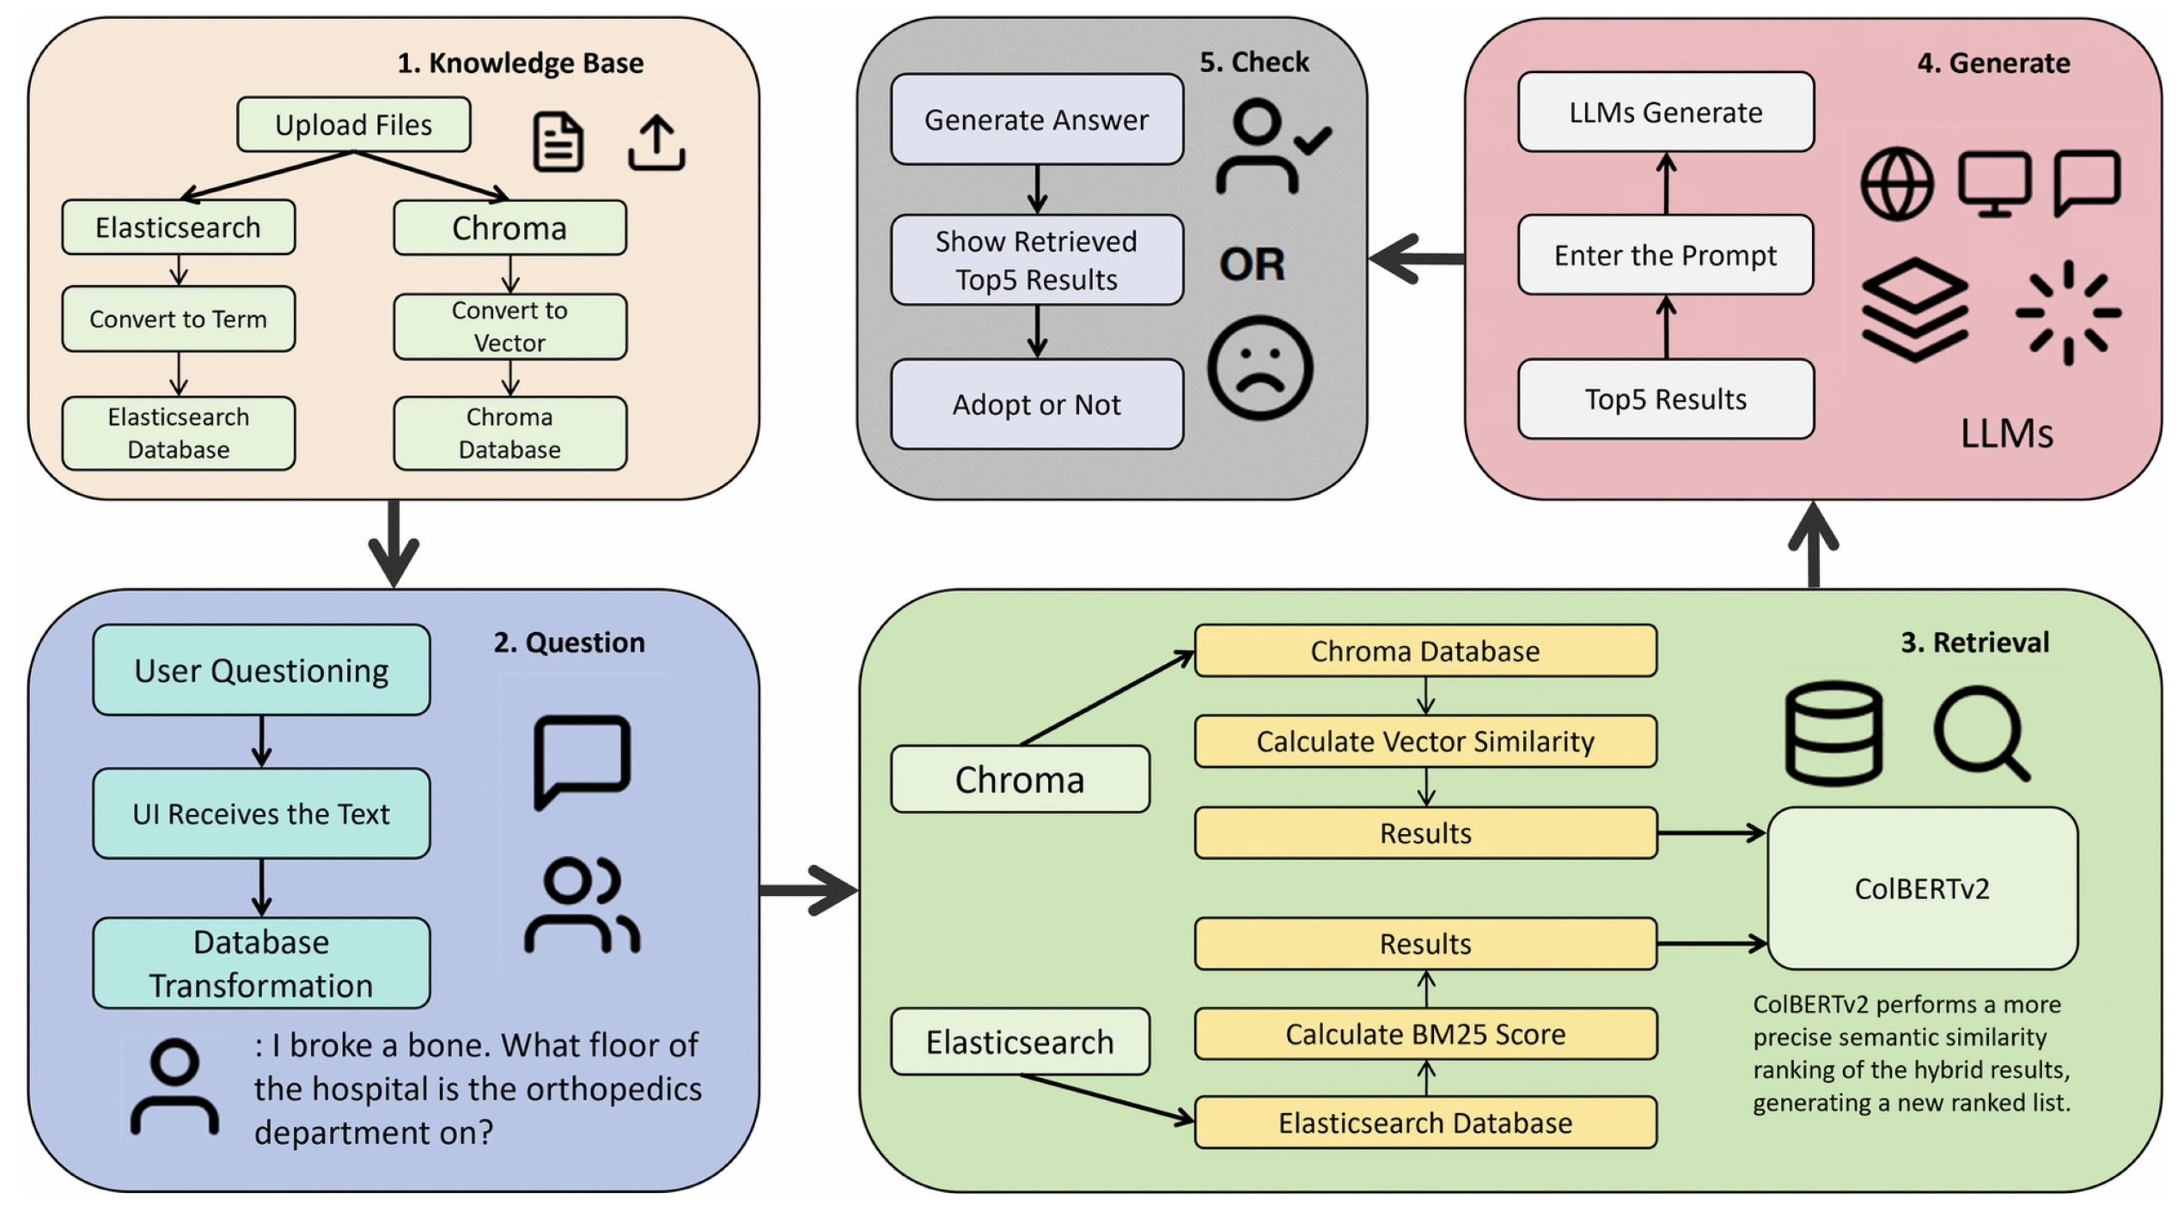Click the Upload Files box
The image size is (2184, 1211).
click(353, 125)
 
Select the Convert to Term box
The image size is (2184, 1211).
click(178, 319)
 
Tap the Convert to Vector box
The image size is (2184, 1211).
click(509, 326)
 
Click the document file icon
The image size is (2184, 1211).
click(558, 142)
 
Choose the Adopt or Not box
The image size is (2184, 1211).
click(1036, 404)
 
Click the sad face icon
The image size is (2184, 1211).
click(1260, 368)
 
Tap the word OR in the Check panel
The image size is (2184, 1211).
click(1252, 264)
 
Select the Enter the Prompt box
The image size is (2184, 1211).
click(1665, 255)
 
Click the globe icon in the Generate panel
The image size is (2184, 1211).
click(1897, 184)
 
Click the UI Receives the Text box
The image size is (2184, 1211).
click(261, 813)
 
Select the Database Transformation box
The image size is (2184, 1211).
click(261, 963)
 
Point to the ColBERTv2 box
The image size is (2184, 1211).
click(1922, 888)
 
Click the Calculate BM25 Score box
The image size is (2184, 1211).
click(1425, 1034)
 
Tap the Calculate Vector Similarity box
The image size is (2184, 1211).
click(1425, 741)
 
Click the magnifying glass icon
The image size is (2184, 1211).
click(1980, 733)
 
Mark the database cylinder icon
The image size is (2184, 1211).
click(1833, 733)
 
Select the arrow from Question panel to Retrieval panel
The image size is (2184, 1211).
click(808, 890)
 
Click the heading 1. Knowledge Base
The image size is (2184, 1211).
click(520, 63)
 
